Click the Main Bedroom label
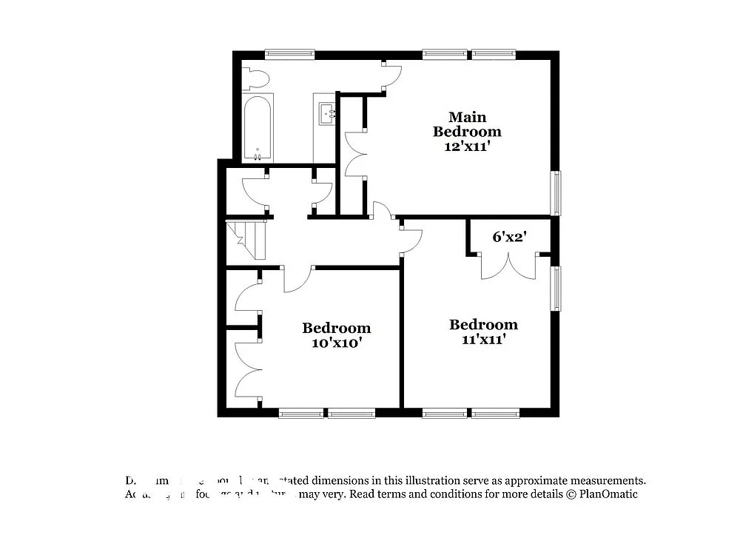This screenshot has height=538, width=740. [x=467, y=124]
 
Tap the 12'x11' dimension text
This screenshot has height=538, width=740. [x=467, y=147]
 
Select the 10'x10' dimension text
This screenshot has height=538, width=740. [x=336, y=343]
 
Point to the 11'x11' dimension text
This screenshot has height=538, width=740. [x=483, y=340]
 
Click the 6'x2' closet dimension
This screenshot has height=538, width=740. [x=510, y=237]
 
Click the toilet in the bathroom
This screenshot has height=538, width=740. [x=255, y=78]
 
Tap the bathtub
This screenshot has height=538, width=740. [x=258, y=127]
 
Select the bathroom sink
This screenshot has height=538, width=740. [x=327, y=114]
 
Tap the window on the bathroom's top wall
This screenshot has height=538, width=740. [x=289, y=54]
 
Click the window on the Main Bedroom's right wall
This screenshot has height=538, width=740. [x=556, y=193]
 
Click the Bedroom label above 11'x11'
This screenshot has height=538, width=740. [x=483, y=325]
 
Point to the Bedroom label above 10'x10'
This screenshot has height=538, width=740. [x=336, y=328]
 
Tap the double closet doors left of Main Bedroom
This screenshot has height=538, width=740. [x=357, y=153]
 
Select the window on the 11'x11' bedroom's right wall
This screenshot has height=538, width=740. [x=556, y=288]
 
